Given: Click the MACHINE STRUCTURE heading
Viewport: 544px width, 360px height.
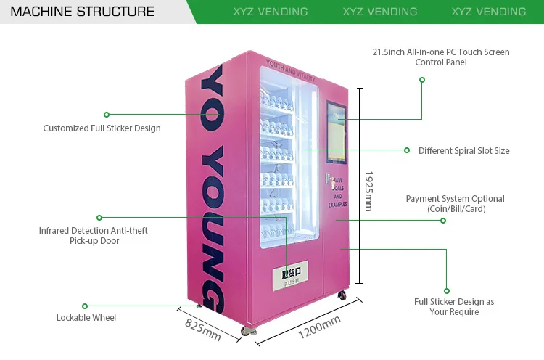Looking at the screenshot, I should [83, 12].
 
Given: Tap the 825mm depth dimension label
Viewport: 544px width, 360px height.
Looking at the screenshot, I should [202, 329].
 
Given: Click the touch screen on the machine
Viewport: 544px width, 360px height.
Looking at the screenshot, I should [337, 132].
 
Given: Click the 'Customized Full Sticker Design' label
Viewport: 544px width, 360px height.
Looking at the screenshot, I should [102, 128].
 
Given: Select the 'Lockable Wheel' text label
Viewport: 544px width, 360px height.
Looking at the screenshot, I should [86, 317].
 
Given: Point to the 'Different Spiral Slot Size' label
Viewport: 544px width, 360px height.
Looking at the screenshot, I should [463, 151].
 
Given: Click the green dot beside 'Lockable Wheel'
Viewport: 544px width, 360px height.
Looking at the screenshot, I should [85, 306].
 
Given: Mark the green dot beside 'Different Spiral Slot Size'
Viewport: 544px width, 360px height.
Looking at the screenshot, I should [407, 150].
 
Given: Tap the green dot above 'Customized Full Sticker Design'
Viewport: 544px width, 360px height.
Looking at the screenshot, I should [107, 114].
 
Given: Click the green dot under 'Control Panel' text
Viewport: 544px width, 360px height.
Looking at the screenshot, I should [421, 79].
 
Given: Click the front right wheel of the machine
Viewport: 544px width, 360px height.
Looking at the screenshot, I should [342, 296].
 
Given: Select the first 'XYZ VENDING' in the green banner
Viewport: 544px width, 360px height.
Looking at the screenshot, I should [271, 12].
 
